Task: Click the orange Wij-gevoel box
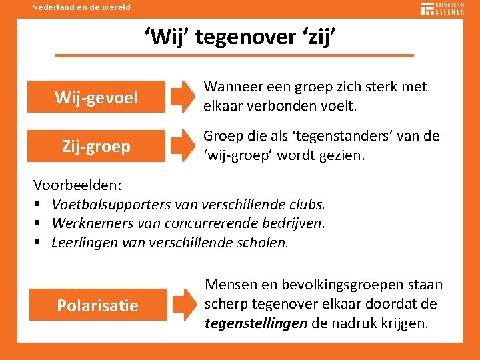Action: coord(97,97)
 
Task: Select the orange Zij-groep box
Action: coord(97,146)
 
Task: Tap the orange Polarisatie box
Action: coord(98,305)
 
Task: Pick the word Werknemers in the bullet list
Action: coord(89,223)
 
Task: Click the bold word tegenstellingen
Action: coord(256,323)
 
